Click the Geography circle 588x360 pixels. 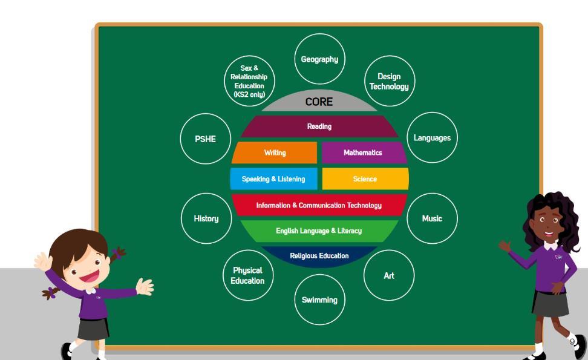pos(319,59)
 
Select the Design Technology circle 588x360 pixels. pos(389,82)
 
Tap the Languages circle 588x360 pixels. pos(432,138)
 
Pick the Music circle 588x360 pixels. pos(432,218)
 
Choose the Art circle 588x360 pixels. pos(389,275)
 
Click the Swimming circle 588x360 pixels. pos(319,299)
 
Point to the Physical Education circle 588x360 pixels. pos(247,275)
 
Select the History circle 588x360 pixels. pos(206,218)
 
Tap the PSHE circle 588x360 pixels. pos(205,139)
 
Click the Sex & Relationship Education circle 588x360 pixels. pos(249,82)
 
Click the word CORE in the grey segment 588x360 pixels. pos(319,102)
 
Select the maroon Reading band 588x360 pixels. pos(319,126)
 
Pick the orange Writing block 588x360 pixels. pos(275,152)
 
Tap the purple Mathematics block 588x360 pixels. pos(363,152)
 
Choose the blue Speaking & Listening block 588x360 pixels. pos(273,179)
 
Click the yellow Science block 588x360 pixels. pos(365,179)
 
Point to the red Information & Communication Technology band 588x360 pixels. pos(319,205)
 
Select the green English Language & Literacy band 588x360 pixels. pos(319,231)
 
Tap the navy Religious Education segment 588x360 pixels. pos(319,256)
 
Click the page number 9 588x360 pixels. pos(572,342)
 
